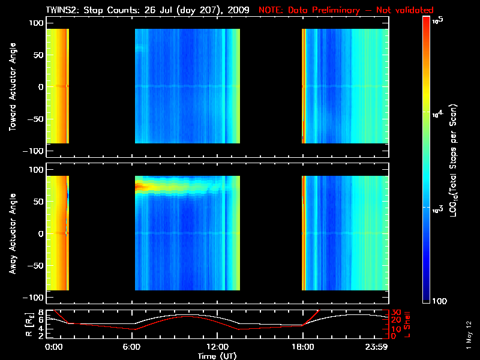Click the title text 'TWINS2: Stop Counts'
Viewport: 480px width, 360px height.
(92, 10)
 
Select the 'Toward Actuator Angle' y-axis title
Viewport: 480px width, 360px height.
(11, 86)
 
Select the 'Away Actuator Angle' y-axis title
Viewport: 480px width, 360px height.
(11, 233)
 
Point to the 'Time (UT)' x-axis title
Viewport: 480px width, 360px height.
(217, 356)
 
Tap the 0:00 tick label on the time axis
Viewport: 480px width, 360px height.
(53, 347)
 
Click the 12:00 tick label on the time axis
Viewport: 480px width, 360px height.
(217, 347)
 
